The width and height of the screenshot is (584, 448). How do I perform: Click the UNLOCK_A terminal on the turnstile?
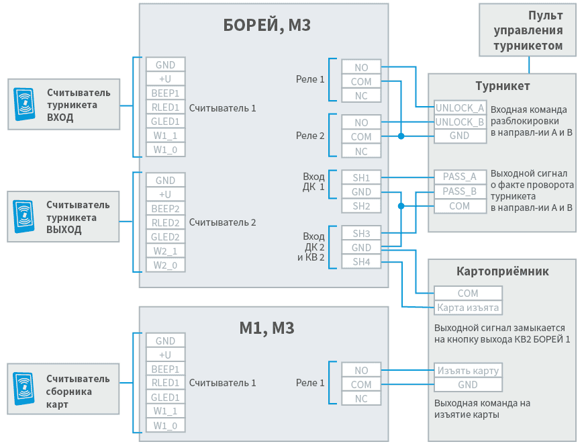point(460,107)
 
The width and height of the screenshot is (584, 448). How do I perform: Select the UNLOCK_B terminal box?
point(460,122)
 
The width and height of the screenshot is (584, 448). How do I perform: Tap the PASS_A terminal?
point(460,177)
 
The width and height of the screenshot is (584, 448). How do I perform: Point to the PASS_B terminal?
point(460,191)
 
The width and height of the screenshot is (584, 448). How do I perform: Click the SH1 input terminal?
point(361,177)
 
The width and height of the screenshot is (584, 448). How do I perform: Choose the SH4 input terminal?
point(361,262)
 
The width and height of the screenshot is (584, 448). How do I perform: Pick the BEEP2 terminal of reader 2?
point(165,209)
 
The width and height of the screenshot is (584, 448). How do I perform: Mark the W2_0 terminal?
point(165,265)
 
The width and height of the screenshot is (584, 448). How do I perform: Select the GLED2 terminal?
point(165,237)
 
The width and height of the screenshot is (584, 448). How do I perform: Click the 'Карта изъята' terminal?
point(468,308)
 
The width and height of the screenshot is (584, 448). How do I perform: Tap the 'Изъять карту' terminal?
point(468,371)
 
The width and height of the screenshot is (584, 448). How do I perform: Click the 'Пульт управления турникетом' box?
point(528,30)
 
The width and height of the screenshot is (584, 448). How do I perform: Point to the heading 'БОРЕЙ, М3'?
point(266,26)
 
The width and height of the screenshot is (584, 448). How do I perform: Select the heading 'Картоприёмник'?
point(502,271)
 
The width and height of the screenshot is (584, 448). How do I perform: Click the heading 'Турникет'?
point(502,86)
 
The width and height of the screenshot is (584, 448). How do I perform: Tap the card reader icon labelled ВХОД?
point(25,105)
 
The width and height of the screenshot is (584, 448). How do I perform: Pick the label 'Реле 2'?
point(310,136)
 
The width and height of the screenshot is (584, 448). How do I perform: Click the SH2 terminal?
point(361,206)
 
